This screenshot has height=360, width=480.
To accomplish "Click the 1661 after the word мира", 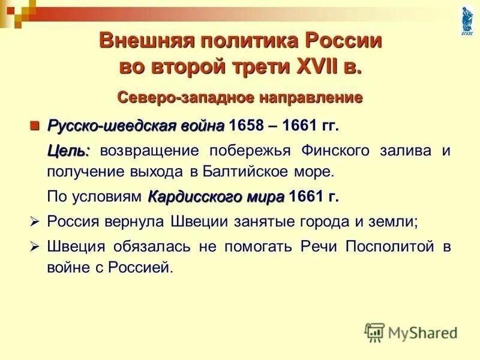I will (304, 197).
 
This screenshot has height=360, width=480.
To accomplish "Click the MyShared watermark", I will (411, 332).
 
